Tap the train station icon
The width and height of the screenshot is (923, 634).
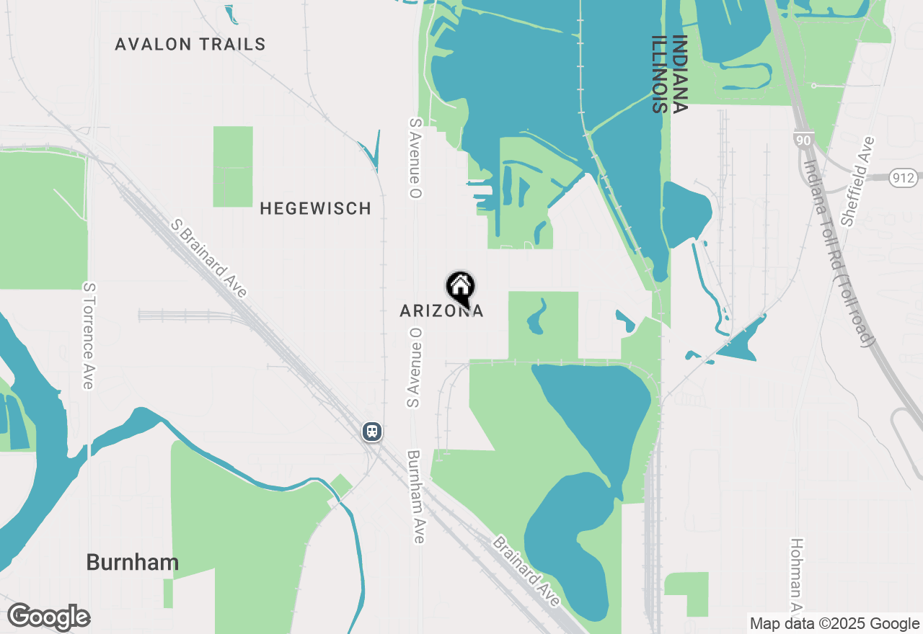(x=371, y=432)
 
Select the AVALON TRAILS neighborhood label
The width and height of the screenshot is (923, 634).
(x=190, y=45)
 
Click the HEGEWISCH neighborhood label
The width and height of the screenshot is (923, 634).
(x=315, y=209)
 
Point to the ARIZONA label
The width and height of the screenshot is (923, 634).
(x=441, y=311)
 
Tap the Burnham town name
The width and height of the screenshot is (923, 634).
(x=132, y=563)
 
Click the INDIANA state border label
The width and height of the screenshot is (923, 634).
(x=679, y=74)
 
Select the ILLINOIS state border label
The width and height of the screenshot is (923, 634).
(x=658, y=74)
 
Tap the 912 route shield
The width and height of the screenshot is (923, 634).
(x=902, y=178)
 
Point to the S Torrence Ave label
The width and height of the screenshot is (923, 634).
(x=88, y=336)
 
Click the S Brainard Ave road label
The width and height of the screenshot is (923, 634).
(x=209, y=259)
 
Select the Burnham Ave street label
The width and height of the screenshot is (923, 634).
(x=416, y=497)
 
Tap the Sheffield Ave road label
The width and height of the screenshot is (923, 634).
(x=858, y=182)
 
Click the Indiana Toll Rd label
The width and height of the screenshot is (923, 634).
(x=840, y=251)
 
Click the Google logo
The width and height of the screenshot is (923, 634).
(x=48, y=617)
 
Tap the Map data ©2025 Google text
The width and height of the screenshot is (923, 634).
(x=834, y=624)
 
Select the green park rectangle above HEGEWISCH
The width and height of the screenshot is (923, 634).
(x=233, y=166)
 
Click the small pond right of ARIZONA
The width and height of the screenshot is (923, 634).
(x=536, y=316)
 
